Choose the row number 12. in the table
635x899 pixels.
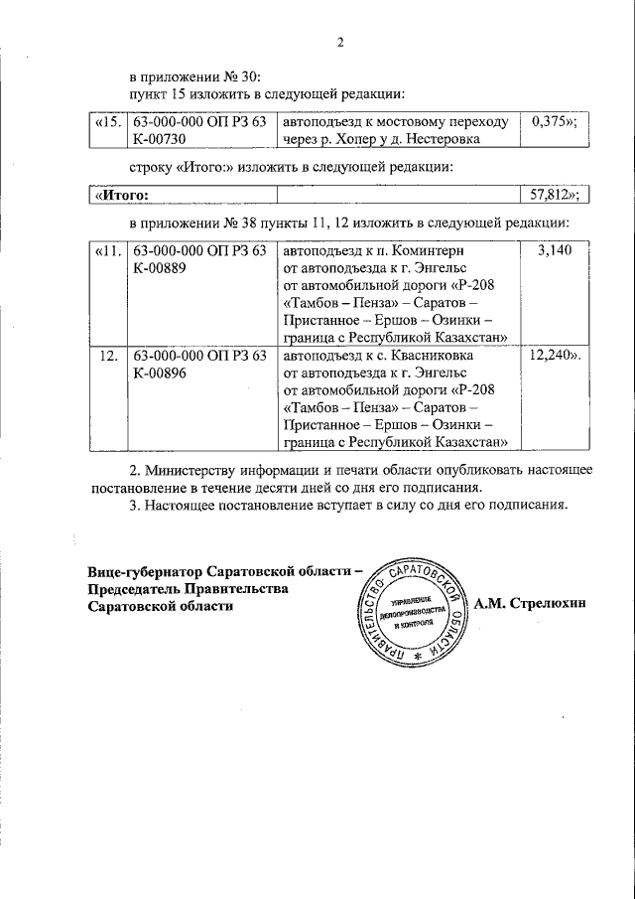109,355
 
